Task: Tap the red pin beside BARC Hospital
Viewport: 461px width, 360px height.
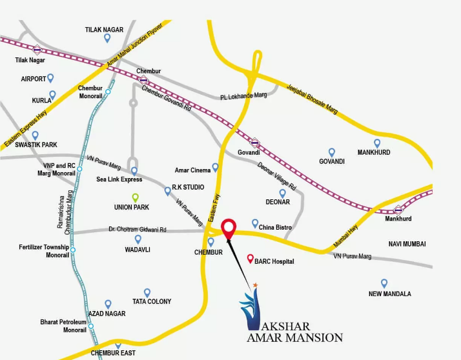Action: click(251, 259)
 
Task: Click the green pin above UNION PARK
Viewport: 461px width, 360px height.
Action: click(135, 197)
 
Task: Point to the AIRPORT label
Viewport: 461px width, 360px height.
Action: click(34, 79)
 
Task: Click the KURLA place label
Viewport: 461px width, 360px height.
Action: click(41, 101)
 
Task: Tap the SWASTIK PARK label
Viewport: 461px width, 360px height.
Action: click(37, 145)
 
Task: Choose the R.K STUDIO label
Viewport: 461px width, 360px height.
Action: click(188, 187)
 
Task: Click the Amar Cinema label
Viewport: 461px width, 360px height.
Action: click(192, 170)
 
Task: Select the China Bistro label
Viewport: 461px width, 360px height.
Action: click(276, 227)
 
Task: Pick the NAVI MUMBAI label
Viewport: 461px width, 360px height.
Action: click(409, 243)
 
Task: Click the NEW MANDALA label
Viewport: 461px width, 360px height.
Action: click(390, 294)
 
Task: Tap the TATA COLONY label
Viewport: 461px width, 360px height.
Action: click(152, 301)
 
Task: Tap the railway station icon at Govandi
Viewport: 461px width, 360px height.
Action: click(256, 143)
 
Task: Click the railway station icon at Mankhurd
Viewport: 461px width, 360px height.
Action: click(398, 208)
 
